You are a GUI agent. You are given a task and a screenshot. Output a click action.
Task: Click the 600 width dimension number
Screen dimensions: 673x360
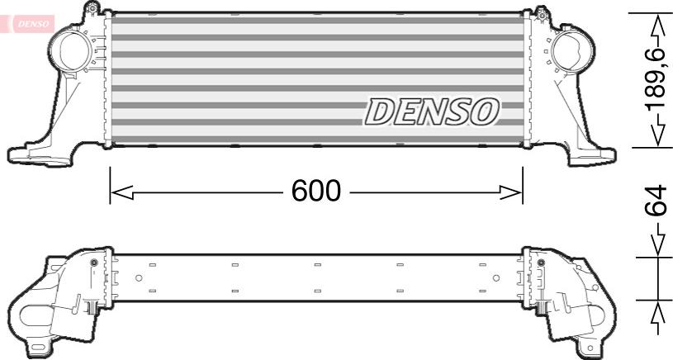coord(316,191)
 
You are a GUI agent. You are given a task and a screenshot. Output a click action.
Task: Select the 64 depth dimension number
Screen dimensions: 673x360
coord(656,201)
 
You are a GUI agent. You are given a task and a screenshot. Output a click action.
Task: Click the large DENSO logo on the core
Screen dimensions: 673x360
coord(432,111)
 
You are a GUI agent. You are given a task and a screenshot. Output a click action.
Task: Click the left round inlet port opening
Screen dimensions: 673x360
coord(73,50)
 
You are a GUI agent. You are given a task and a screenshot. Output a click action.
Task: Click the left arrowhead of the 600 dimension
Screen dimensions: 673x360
coord(122,192)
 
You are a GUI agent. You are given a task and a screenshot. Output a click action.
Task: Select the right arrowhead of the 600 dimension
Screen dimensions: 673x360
coord(511,192)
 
